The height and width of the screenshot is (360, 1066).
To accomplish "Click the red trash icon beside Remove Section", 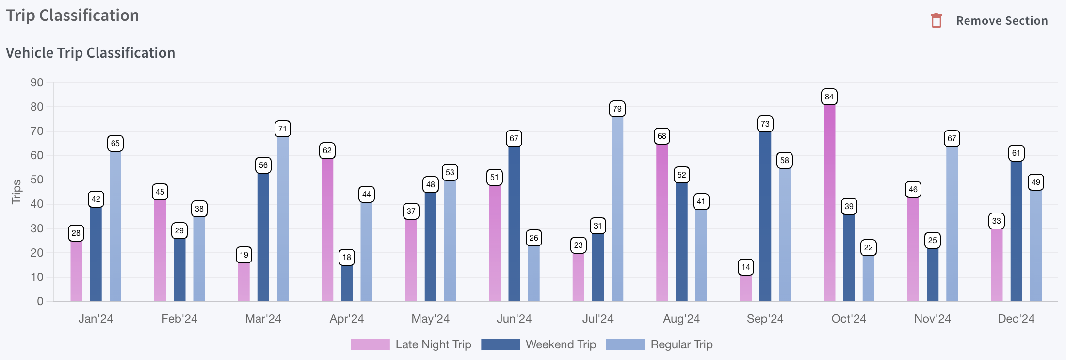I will point(937,21).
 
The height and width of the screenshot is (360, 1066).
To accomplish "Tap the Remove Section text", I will point(1002,21).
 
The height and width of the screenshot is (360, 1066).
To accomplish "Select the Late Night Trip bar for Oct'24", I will point(829,204).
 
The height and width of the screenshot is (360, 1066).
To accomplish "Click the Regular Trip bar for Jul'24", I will point(617,209).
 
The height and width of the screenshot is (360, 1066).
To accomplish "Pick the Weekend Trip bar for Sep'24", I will point(765,216).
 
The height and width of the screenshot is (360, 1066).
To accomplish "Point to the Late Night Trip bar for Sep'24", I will point(746,288).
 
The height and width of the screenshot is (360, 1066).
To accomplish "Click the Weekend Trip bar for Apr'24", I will point(347,283).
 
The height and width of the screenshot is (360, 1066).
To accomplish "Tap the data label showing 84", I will point(829,97).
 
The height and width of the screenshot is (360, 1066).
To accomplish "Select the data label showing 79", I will point(617,109).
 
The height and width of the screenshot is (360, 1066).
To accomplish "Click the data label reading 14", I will point(746,267).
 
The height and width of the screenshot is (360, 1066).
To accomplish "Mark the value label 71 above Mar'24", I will point(283,129).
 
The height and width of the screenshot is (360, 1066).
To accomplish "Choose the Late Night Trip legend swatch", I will point(370,344).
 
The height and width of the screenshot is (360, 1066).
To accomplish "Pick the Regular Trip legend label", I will point(681,344).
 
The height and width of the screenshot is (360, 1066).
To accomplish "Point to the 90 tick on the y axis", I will point(37,82).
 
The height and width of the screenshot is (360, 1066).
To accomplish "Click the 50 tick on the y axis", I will point(37,180).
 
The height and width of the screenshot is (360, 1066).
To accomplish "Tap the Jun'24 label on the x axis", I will point(514,319).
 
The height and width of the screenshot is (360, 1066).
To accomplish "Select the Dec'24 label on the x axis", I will point(1016,319).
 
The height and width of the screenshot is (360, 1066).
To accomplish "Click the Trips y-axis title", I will point(16,192).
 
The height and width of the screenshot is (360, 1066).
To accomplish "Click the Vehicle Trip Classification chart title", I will point(91,53).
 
